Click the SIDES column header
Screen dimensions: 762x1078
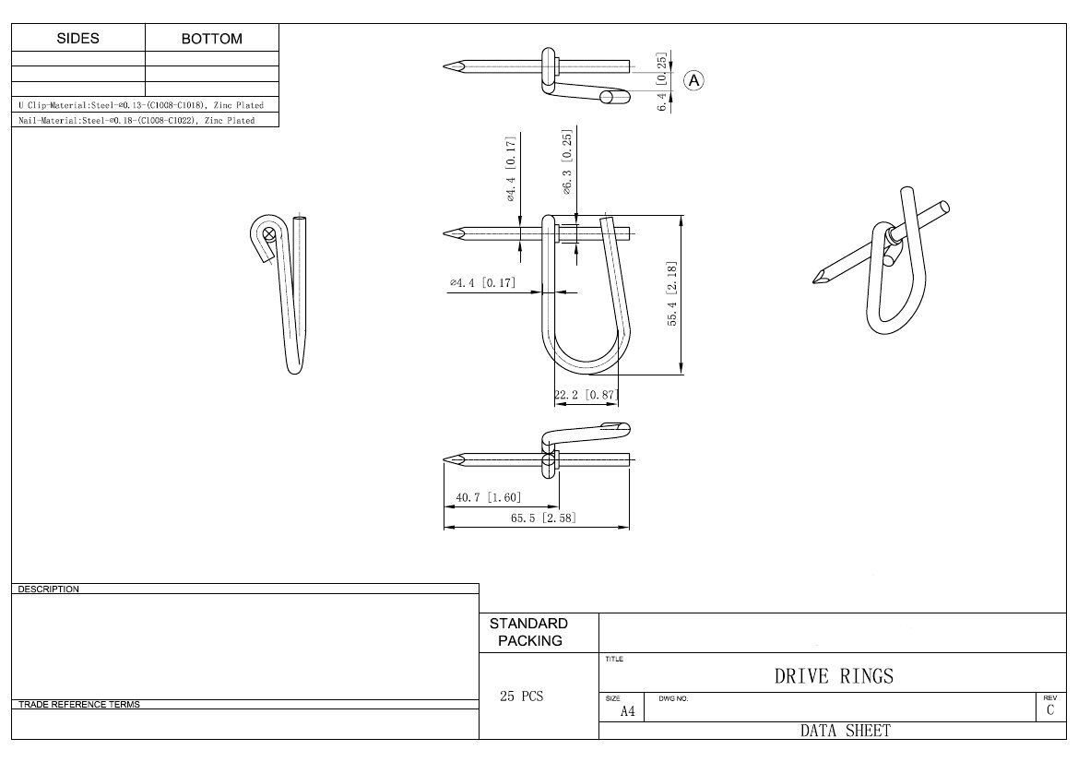click(77, 39)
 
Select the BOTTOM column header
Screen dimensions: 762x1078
click(212, 39)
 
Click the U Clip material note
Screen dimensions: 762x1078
click(140, 105)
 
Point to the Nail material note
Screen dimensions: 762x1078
click(136, 120)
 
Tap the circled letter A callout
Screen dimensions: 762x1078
click(693, 81)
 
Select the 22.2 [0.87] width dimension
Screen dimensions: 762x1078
click(586, 395)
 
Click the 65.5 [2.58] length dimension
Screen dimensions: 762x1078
click(543, 518)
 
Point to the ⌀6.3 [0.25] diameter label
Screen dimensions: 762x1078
click(568, 161)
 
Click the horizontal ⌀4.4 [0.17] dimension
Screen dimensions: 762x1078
click(482, 282)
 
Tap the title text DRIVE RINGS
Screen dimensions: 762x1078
click(833, 676)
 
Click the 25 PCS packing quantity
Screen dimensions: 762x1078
click(521, 697)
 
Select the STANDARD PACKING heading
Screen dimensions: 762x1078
click(529, 632)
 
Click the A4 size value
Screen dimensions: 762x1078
click(627, 711)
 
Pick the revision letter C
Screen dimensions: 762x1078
click(1049, 710)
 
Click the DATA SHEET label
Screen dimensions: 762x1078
click(833, 731)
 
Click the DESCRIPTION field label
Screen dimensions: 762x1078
click(48, 589)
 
